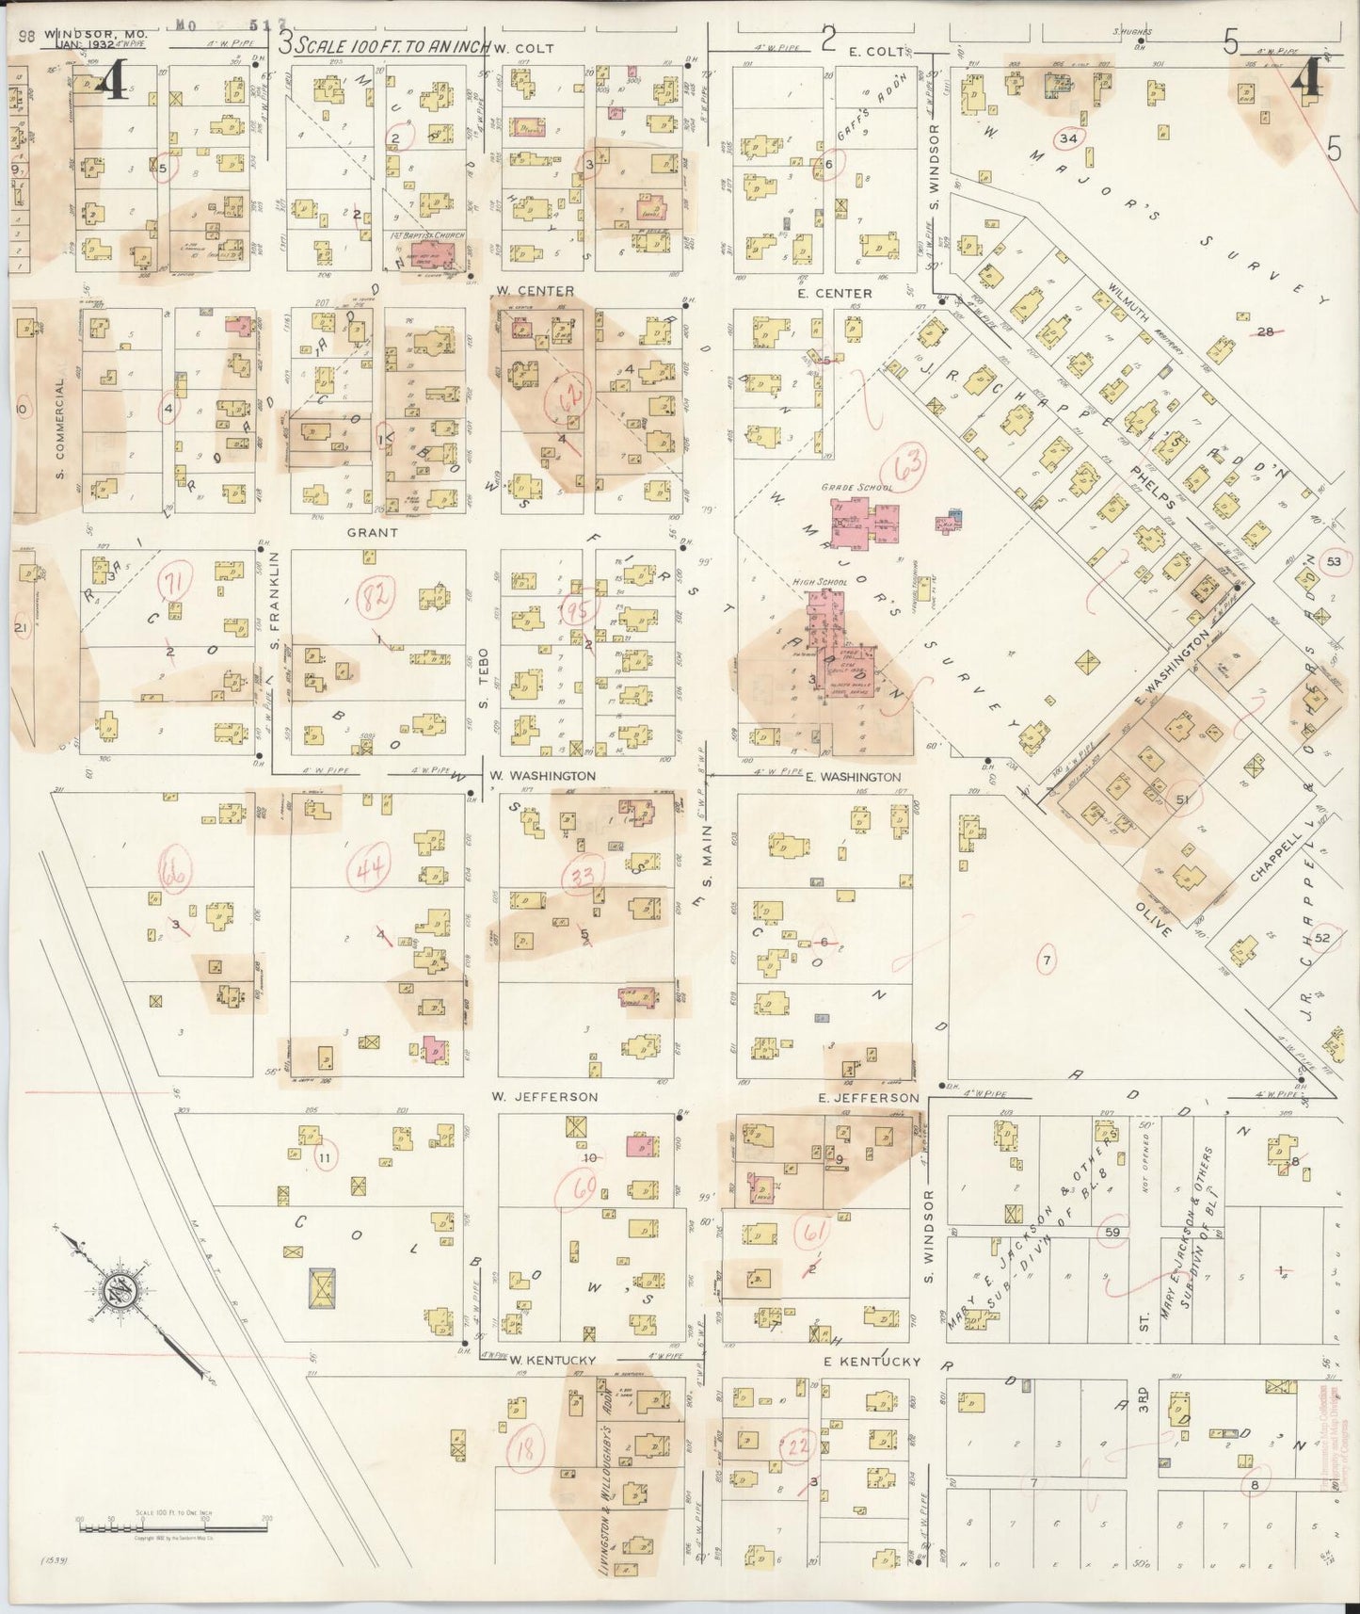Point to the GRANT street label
pyautogui.click(x=373, y=532)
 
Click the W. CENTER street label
pyautogui.click(x=534, y=291)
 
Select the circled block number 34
pyautogui.click(x=1067, y=137)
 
